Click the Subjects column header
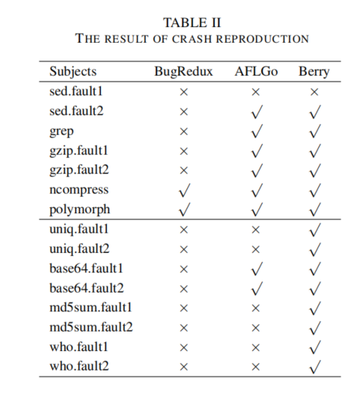pos(71,73)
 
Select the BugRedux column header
pos(183,73)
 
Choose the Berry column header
pos(313,73)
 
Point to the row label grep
pos(61,130)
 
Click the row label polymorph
pos(77,208)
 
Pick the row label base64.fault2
pos(86,287)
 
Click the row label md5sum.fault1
pos(91,306)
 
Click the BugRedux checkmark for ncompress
pos(183,189)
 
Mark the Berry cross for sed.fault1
pos(314,91)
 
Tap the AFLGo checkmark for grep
pos(256,130)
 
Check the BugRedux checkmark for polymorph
pos(183,208)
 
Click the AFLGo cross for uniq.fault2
pos(256,248)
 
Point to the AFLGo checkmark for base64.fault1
pos(256,267)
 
